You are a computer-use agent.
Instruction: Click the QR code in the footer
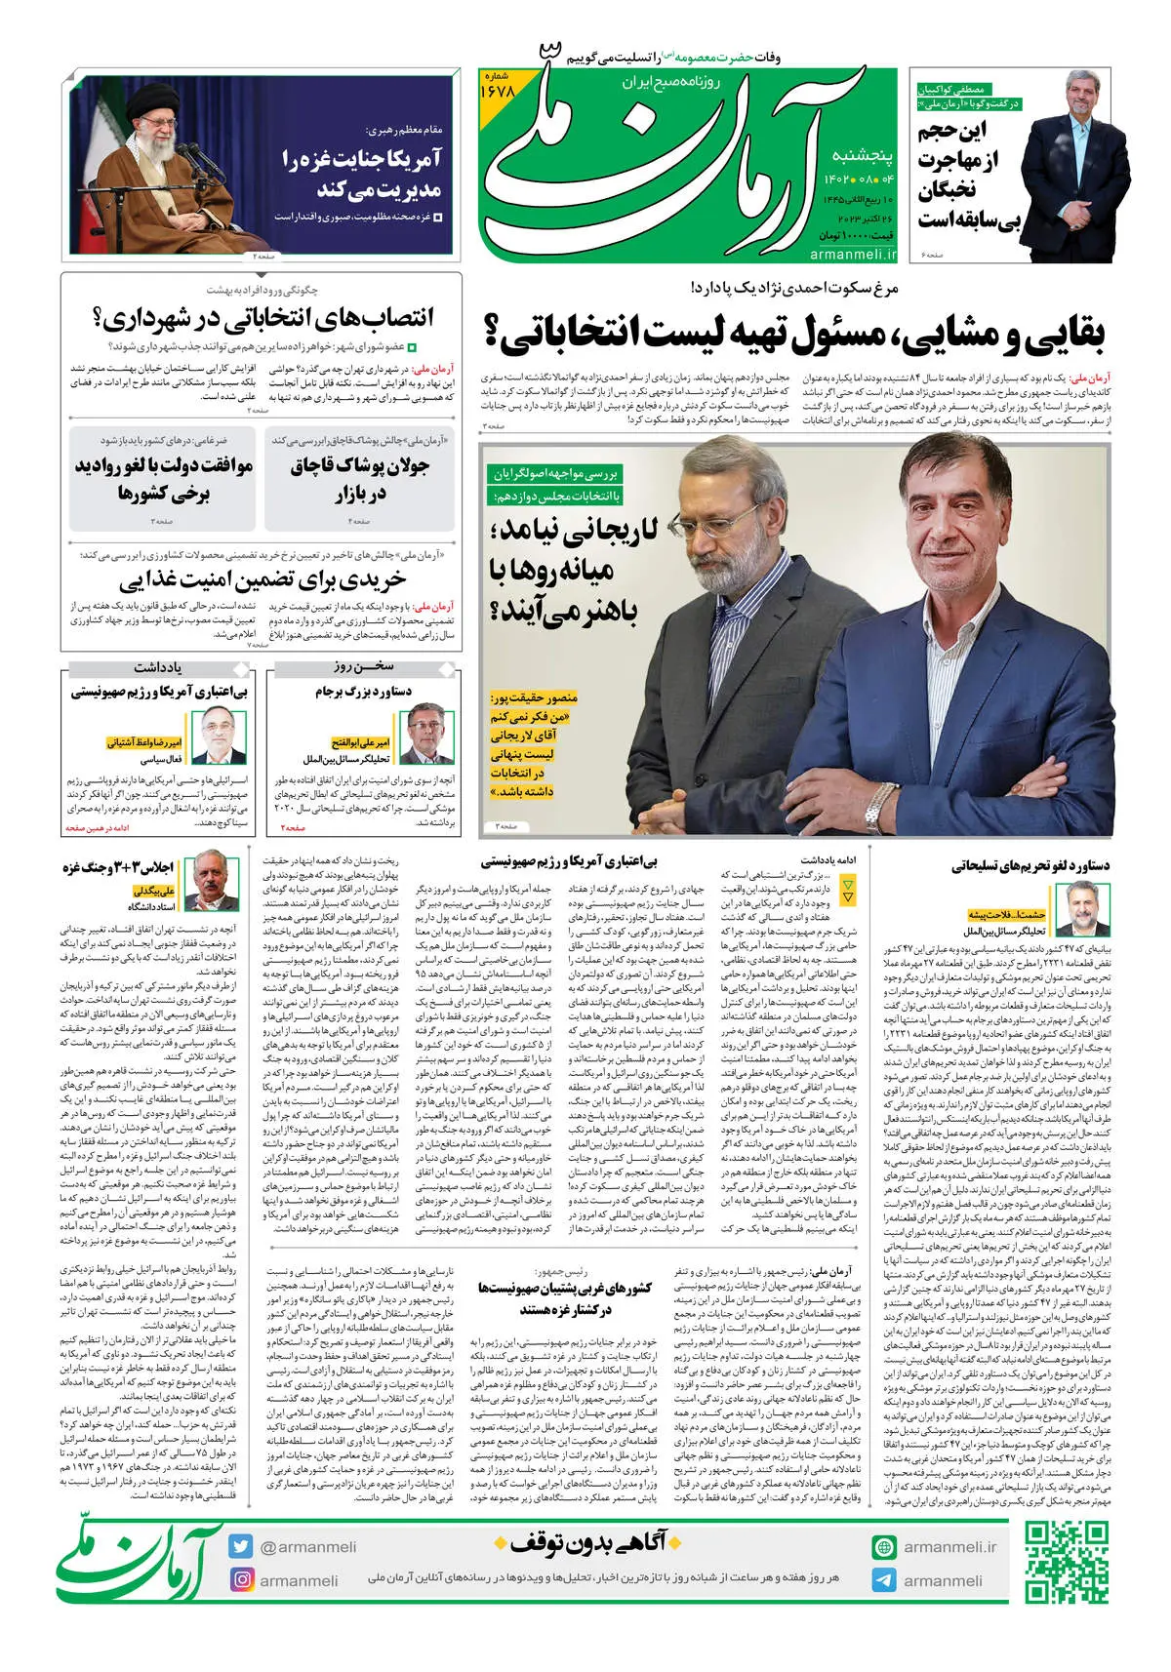pyautogui.click(x=1067, y=1563)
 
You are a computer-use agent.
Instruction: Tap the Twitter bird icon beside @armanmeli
pyautogui.click(x=241, y=1546)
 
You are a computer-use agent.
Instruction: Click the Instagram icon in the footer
pyautogui.click(x=241, y=1579)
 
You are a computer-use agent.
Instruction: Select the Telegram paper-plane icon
pyautogui.click(x=884, y=1580)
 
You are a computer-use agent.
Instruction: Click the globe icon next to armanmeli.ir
pyautogui.click(x=884, y=1547)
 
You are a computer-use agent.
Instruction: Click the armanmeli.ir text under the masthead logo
pyautogui.click(x=852, y=254)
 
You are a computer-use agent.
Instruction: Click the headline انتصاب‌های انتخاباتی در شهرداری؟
pyautogui.click(x=262, y=319)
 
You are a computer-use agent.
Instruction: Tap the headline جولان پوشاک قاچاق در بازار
pyautogui.click(x=359, y=479)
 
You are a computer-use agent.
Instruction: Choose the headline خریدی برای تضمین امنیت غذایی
pyautogui.click(x=262, y=581)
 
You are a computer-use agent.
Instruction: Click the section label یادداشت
pyautogui.click(x=158, y=668)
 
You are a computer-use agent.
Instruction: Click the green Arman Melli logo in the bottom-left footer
pyautogui.click(x=137, y=1561)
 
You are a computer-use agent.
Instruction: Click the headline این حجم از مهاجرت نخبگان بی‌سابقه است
pyautogui.click(x=966, y=176)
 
